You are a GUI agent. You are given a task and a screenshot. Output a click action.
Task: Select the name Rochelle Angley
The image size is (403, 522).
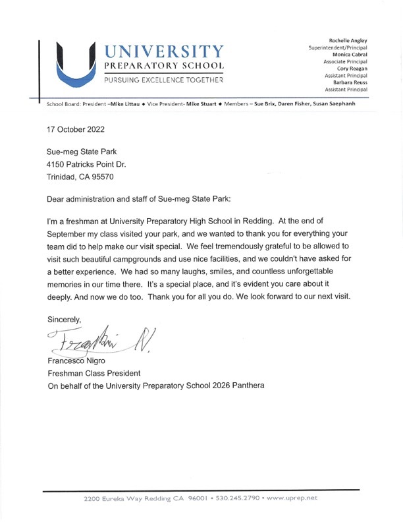[x=348, y=41]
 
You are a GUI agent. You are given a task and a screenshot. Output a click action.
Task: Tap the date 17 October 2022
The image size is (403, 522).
[x=75, y=129]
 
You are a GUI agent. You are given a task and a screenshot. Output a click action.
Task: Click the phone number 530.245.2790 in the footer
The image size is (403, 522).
[x=234, y=499]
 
